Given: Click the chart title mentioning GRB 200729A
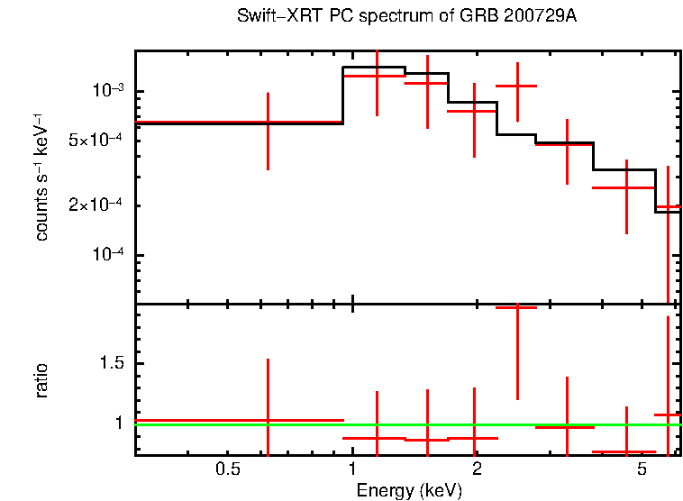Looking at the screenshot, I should coord(406,17).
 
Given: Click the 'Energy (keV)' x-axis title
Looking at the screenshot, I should coord(409,490).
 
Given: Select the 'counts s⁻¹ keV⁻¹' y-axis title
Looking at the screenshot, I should coord(41,177).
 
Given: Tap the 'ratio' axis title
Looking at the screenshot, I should coord(41,380).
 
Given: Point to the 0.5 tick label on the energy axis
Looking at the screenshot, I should coord(228,469).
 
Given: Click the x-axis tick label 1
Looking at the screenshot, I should coord(352,469).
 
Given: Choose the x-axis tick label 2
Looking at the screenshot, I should coord(477,469).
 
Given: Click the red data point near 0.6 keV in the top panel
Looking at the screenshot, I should coord(268,122).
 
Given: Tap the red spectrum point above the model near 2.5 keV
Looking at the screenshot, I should coord(516,86).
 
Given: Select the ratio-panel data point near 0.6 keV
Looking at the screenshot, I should coord(268,420).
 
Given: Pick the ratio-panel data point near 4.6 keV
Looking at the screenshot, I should coord(626,451).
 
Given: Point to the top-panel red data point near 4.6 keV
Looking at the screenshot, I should coord(626,187).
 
